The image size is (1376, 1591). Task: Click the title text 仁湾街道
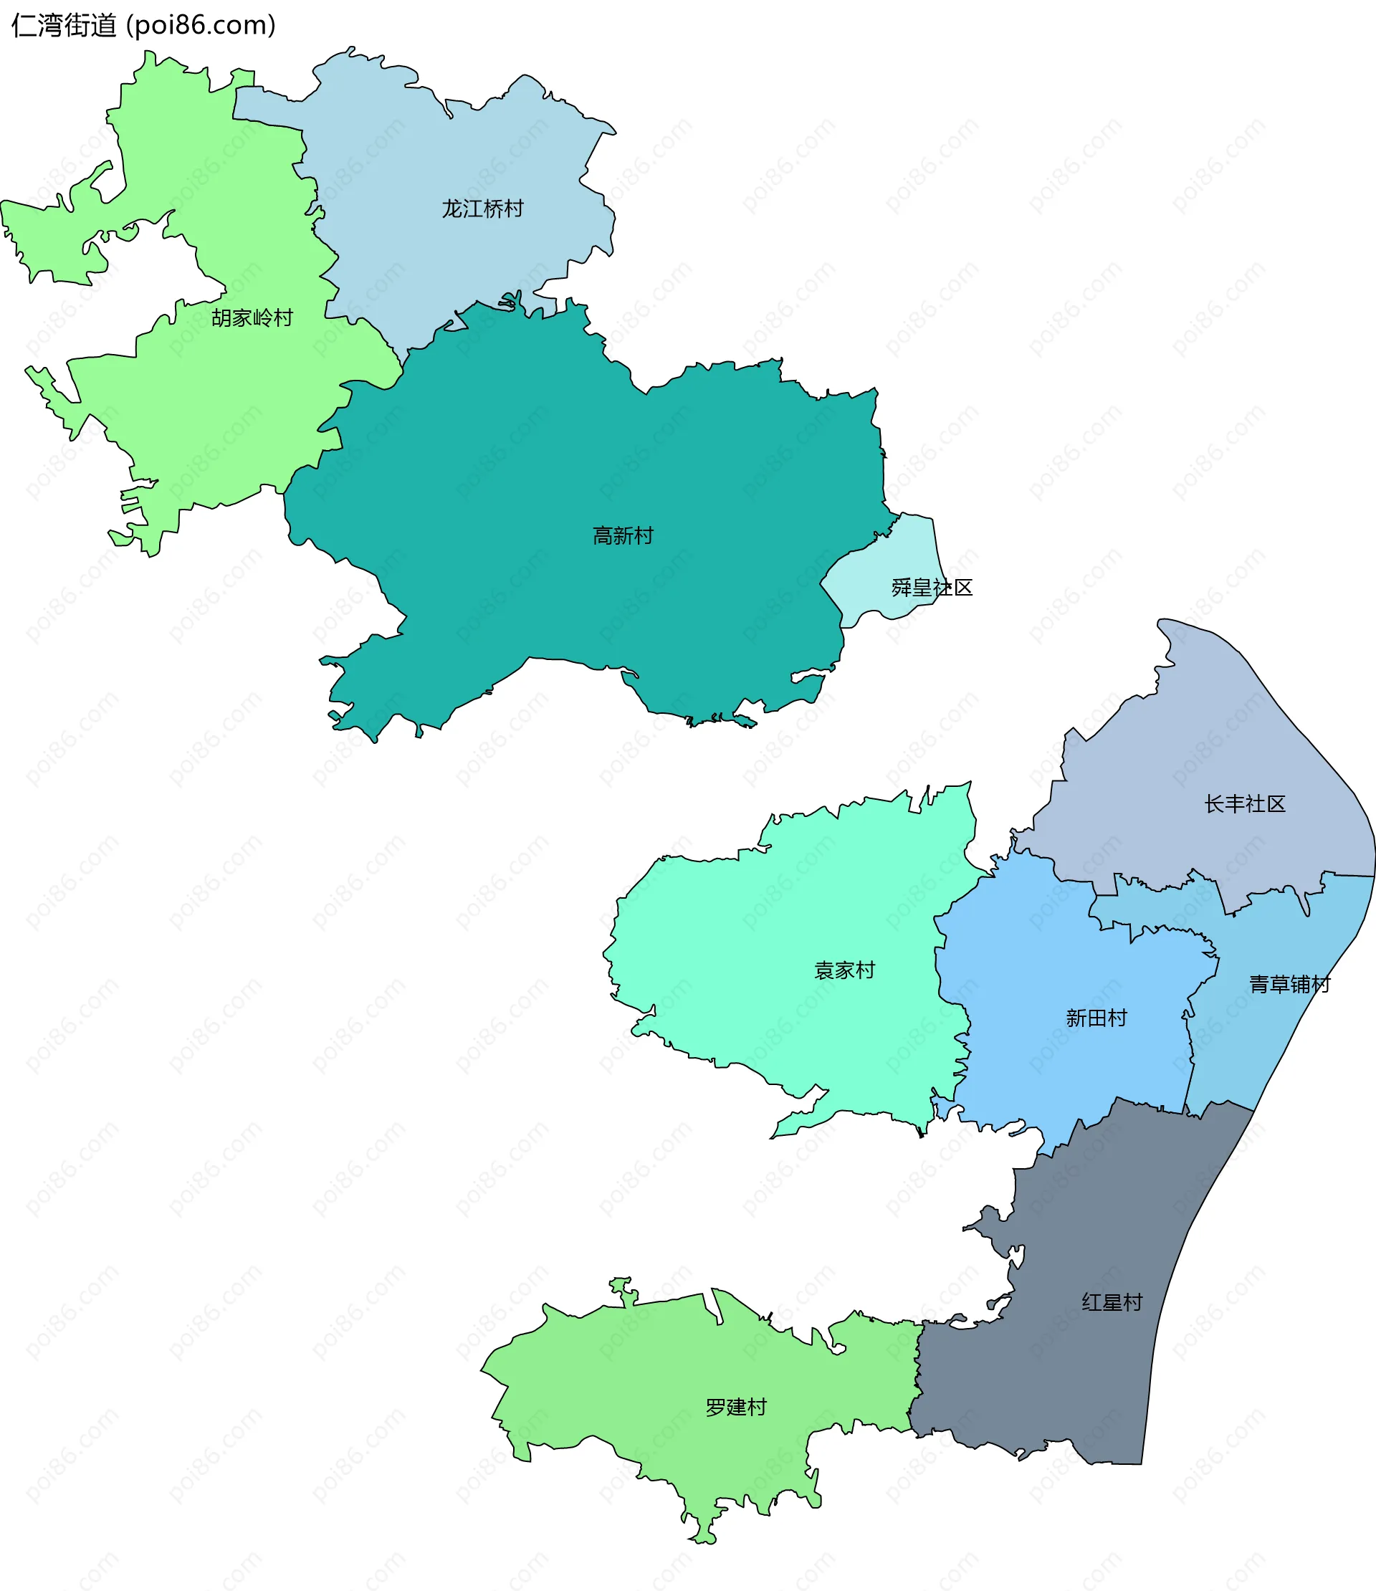64,25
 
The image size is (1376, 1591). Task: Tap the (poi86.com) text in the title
201,25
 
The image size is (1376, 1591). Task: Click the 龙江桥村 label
482,208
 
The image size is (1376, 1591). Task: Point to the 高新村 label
623,535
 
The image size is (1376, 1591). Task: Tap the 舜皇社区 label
932,588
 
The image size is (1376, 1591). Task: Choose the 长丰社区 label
1245,804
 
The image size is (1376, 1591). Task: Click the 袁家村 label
844,970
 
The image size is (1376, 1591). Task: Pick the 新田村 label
1096,1018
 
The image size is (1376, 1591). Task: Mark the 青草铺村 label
1289,985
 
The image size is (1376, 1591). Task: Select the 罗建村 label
735,1408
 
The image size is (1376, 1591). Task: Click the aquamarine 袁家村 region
768,922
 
